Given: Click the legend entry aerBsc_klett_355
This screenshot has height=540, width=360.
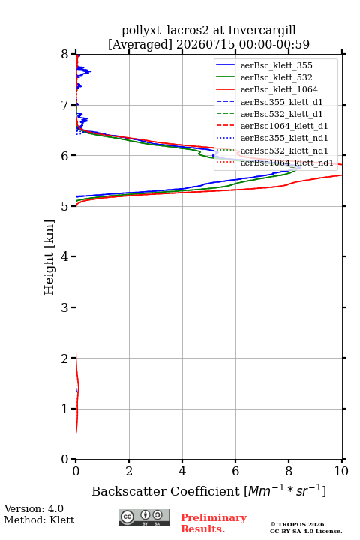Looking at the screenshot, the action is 276,65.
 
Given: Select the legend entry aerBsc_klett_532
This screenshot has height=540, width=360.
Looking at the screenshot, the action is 276,77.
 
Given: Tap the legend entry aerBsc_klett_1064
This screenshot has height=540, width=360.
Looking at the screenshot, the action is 279,89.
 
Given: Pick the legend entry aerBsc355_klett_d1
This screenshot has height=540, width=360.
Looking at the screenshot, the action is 281,102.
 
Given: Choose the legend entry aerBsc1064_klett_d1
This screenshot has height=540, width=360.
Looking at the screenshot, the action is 284,126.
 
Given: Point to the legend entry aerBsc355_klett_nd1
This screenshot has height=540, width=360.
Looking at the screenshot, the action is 284,138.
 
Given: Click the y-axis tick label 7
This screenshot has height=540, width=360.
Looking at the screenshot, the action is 64,105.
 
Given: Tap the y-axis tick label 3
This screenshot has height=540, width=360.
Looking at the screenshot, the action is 64,307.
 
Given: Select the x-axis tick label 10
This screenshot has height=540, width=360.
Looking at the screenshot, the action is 341,471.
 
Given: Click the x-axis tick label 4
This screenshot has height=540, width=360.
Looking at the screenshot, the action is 182,471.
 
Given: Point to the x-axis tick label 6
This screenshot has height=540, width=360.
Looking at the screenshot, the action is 235,471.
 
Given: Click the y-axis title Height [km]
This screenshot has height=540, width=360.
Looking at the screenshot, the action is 49,257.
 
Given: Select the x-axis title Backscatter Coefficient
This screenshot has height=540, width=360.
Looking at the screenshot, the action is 166,491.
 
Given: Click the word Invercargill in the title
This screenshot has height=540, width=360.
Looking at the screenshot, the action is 262,30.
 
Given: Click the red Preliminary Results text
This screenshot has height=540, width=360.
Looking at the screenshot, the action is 214,523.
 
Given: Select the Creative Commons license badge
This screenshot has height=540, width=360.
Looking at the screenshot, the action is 144,518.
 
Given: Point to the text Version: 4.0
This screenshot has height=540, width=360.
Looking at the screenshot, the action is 34,509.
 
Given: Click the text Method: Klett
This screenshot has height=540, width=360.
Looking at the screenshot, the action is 39,520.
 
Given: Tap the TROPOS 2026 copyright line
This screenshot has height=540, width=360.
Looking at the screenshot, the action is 298,525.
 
